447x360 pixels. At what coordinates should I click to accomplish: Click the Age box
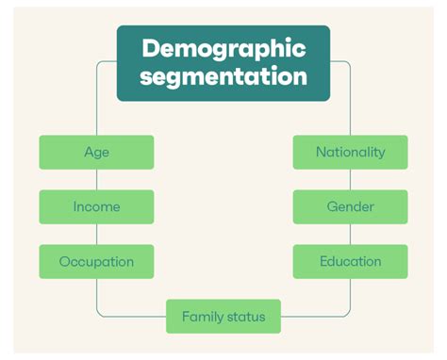(96, 152)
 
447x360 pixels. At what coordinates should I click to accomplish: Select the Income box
(96, 206)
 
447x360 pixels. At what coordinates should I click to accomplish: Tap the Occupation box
(96, 261)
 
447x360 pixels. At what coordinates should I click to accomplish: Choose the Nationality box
(350, 152)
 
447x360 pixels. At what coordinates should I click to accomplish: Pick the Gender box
(350, 206)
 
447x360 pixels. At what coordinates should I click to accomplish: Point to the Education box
(350, 261)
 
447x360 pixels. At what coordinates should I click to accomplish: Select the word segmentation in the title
(223, 75)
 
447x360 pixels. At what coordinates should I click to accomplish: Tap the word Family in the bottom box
(202, 317)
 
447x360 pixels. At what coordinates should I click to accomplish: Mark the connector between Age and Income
(96, 179)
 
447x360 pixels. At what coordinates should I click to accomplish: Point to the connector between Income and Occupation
(96, 234)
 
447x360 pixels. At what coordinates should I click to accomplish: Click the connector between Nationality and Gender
(350, 179)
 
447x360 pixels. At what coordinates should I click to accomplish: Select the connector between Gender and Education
(350, 234)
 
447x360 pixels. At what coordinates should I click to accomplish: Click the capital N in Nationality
(322, 152)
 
